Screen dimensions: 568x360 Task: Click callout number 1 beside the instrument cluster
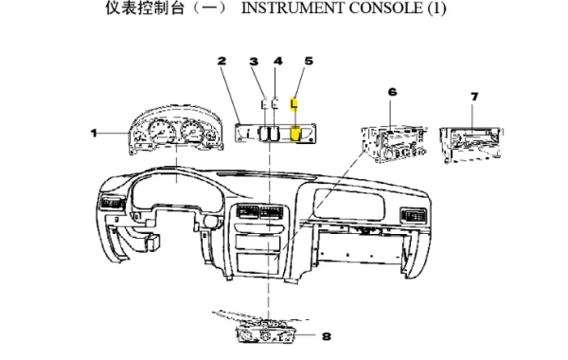pyautogui.click(x=94, y=134)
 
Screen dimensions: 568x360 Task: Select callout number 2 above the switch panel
pyautogui.click(x=222, y=61)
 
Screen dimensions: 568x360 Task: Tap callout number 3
pyautogui.click(x=254, y=62)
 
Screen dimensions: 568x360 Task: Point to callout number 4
pyautogui.click(x=277, y=61)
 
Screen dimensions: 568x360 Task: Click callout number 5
pyautogui.click(x=309, y=61)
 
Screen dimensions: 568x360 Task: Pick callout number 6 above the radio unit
pyautogui.click(x=392, y=92)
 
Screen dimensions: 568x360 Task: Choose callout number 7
pyautogui.click(x=474, y=97)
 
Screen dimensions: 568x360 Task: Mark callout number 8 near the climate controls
pyautogui.click(x=327, y=336)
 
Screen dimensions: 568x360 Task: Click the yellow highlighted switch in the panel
pyautogui.click(x=296, y=134)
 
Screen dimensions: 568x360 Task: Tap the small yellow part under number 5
pyautogui.click(x=293, y=104)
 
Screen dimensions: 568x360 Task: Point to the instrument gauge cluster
pyautogui.click(x=176, y=130)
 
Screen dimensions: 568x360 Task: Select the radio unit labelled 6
pyautogui.click(x=395, y=144)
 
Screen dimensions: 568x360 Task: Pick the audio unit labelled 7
pyautogui.click(x=471, y=144)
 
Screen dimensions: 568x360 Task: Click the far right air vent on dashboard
pyautogui.click(x=413, y=215)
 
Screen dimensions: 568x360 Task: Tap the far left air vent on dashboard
pyautogui.click(x=112, y=203)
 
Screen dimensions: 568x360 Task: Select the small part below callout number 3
pyautogui.click(x=264, y=104)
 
